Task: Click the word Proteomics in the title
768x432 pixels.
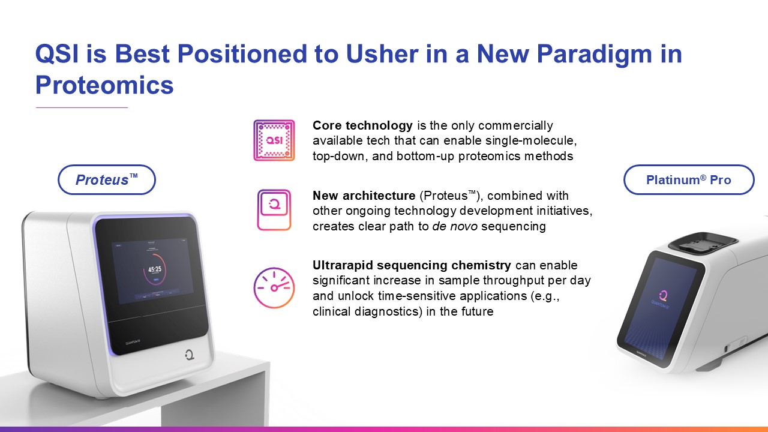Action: [104, 85]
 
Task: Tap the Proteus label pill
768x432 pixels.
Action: [107, 179]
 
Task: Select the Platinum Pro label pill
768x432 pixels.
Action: [689, 179]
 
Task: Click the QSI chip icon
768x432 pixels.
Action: [274, 140]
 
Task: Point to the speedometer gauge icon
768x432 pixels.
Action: [274, 287]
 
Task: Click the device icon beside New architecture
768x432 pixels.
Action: [274, 210]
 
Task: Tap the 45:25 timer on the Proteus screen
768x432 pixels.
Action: [155, 269]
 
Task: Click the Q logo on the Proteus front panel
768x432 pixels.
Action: [189, 355]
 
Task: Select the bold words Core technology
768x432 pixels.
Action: [362, 125]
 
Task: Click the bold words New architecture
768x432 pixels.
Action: [364, 196]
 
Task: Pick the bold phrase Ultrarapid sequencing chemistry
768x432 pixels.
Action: [412, 265]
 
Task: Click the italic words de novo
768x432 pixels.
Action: [455, 226]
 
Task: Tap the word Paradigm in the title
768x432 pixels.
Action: [594, 54]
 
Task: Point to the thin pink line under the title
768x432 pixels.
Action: [82, 107]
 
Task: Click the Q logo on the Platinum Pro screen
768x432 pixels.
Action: [664, 295]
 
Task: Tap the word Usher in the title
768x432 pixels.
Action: [382, 54]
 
